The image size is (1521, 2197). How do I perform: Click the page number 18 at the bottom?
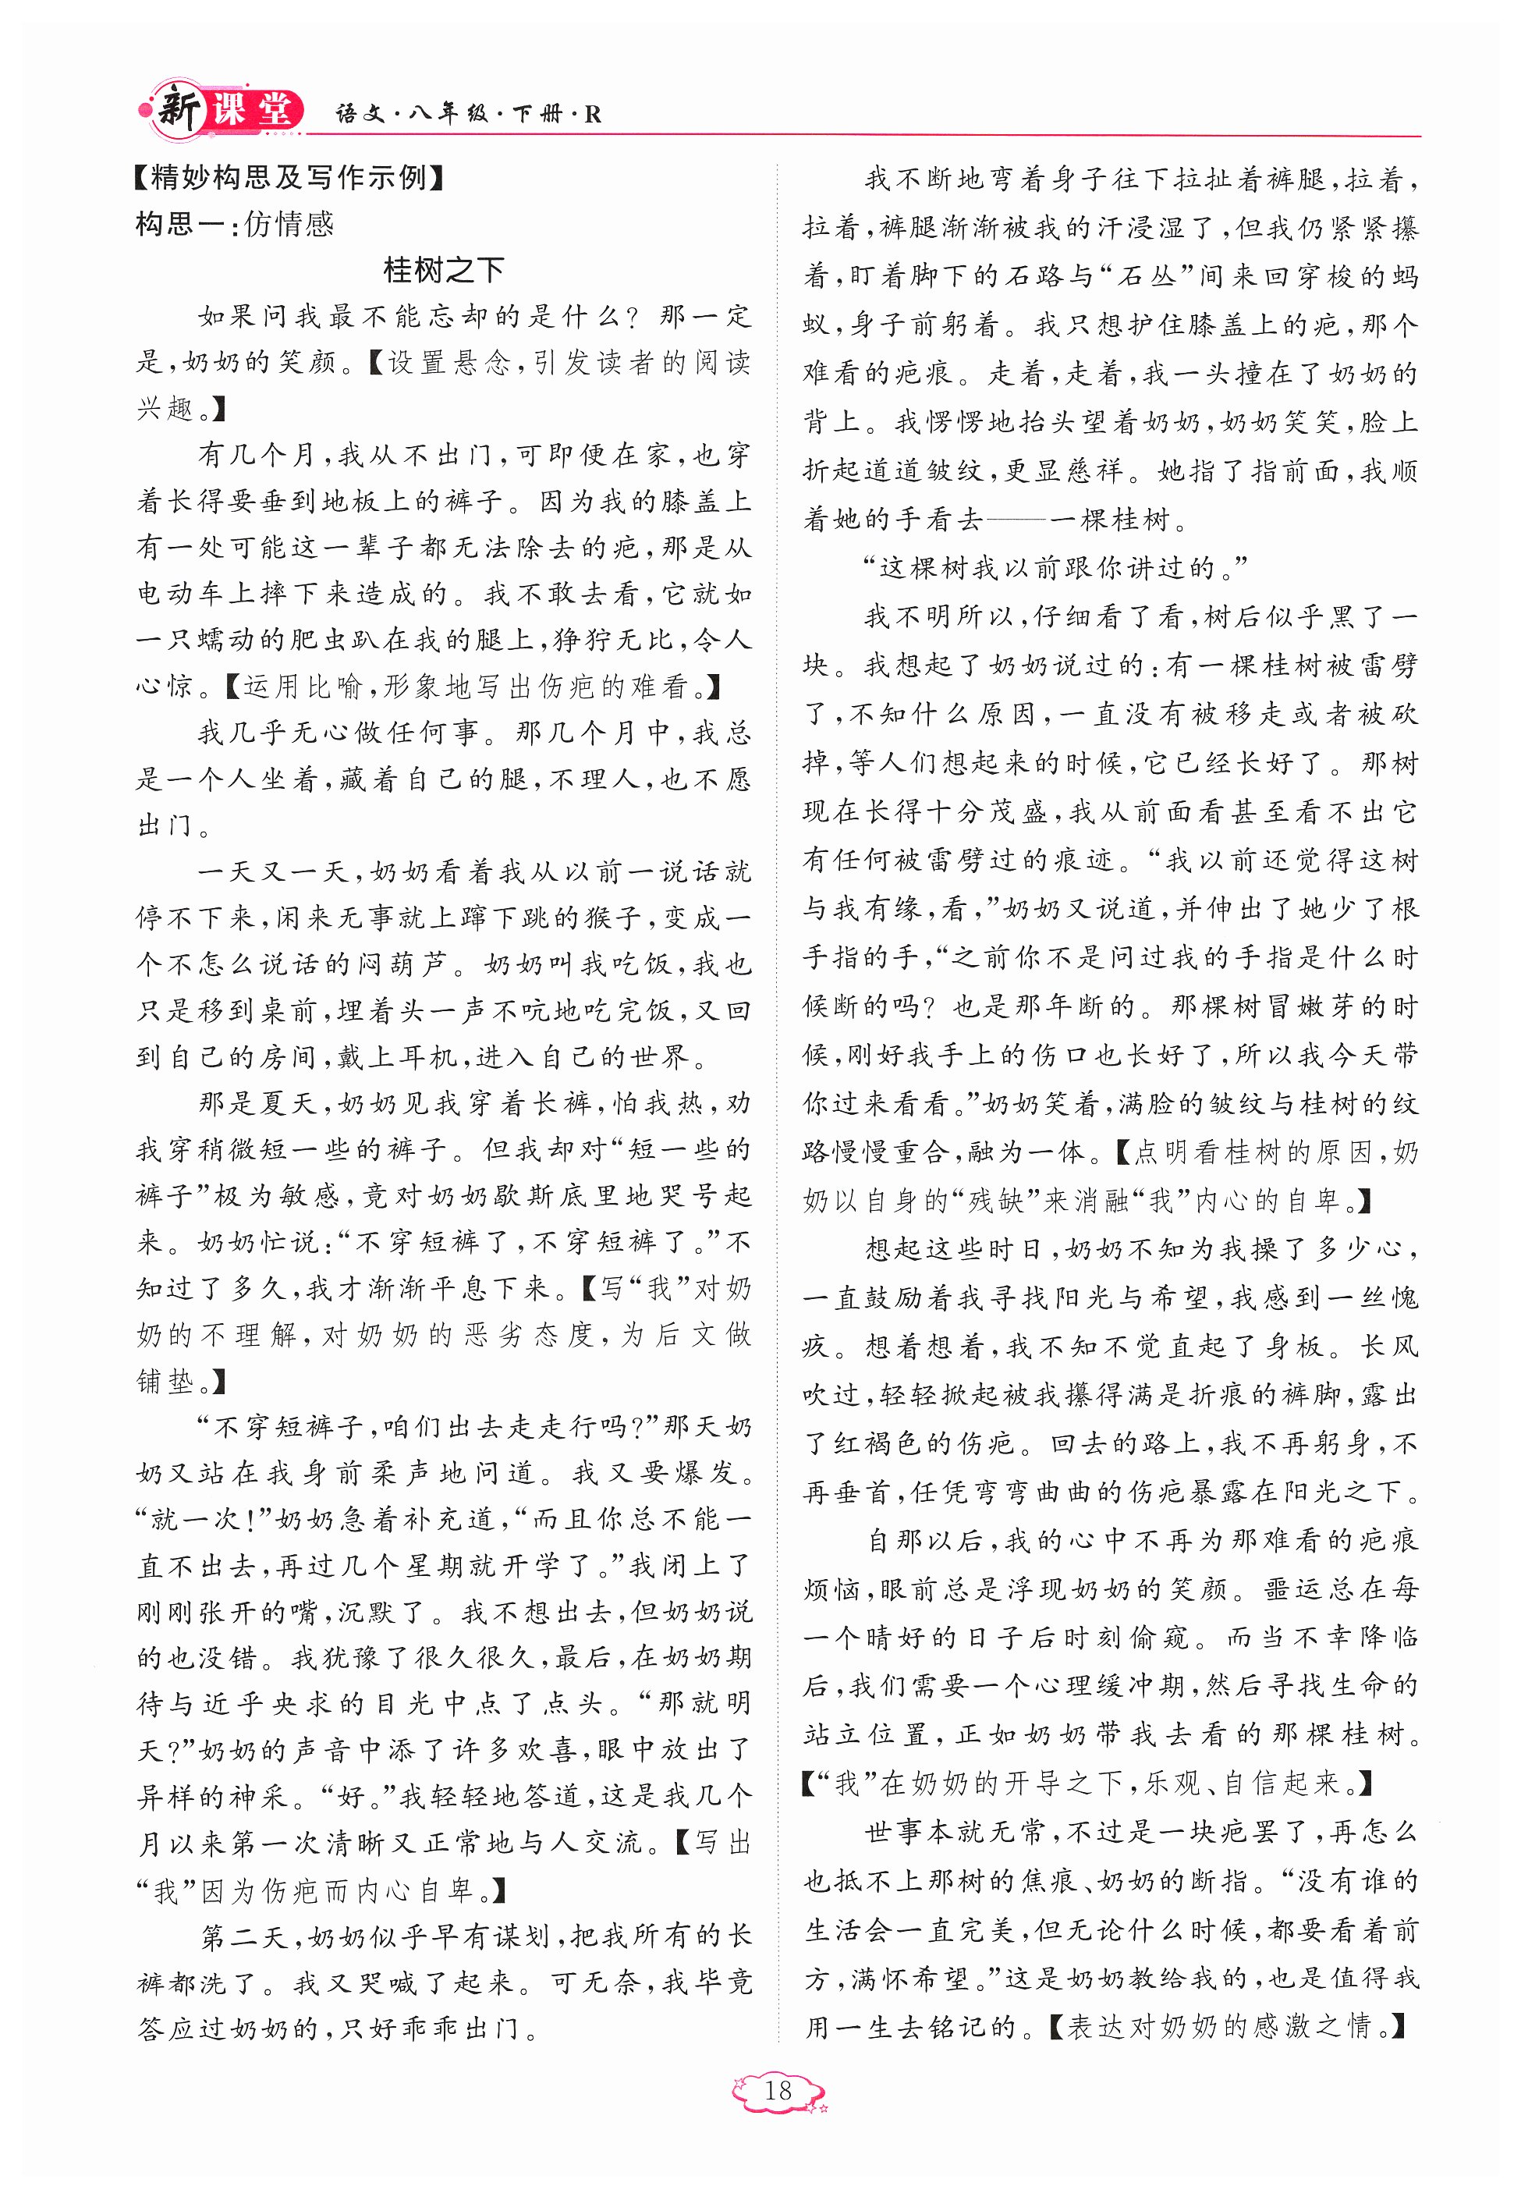click(778, 2090)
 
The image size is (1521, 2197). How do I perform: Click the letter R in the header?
click(593, 115)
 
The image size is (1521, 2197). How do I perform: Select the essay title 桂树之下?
click(443, 271)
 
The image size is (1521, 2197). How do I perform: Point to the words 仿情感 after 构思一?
click(289, 224)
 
